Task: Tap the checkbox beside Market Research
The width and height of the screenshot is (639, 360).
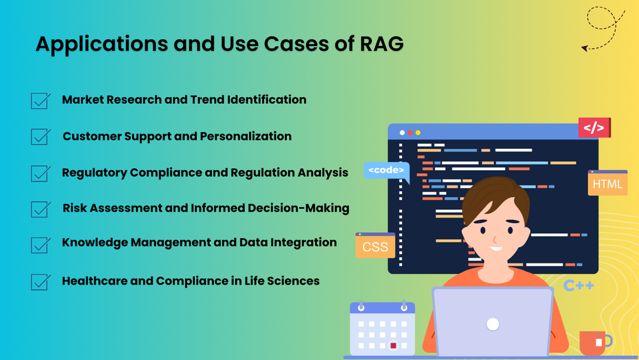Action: click(x=41, y=101)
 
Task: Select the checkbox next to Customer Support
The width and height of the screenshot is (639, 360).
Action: click(x=41, y=137)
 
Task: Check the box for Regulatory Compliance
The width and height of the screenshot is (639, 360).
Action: click(x=41, y=173)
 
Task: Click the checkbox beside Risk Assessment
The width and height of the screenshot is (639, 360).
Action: click(x=41, y=209)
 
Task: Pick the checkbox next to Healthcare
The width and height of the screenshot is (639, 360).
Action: click(x=41, y=282)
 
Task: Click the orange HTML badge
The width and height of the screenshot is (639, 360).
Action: click(x=607, y=184)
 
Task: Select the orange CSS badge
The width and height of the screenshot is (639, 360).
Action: click(x=375, y=247)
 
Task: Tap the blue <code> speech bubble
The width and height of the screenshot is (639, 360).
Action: click(x=387, y=170)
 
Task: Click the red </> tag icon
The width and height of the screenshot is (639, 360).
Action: click(x=594, y=128)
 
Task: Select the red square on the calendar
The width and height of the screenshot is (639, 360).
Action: click(x=394, y=345)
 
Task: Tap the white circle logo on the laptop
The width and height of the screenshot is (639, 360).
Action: click(x=492, y=324)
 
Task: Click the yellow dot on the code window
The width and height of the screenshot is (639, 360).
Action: click(x=418, y=133)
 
